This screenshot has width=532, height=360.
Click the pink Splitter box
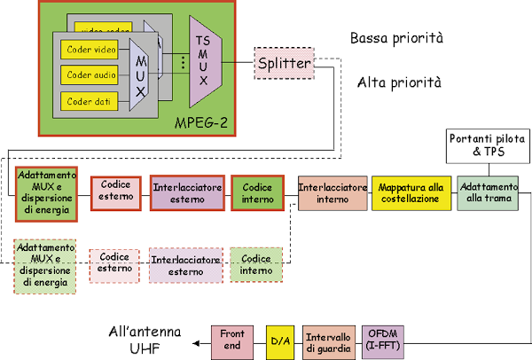tap(284, 64)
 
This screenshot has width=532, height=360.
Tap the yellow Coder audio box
tap(90, 74)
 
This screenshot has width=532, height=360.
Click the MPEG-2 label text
tap(202, 121)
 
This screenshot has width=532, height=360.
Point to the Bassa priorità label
tap(396, 38)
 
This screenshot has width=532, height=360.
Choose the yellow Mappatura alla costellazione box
tap(410, 192)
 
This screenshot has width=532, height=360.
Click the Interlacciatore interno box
tap(332, 192)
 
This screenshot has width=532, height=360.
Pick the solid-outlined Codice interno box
tap(257, 192)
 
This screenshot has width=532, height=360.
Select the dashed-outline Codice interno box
tap(257, 263)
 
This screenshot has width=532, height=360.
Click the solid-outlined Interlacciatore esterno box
tap(187, 192)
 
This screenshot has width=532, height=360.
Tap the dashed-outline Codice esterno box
tap(114, 263)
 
